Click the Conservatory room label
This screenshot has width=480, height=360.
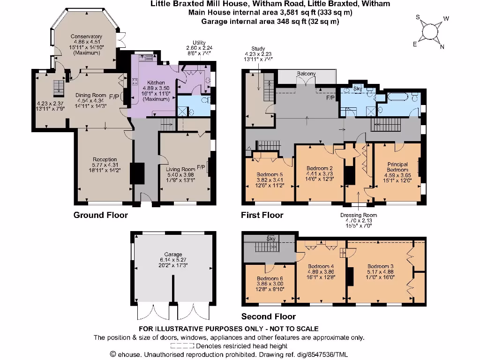86,37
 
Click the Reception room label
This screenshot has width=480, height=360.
105,160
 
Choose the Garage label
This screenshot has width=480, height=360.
173,255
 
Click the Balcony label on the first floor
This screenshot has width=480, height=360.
306,74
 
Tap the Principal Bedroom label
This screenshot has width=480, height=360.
397,167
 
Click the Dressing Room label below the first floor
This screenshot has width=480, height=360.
359,215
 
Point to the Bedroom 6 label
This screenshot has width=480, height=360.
270,278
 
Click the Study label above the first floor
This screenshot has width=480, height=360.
258,48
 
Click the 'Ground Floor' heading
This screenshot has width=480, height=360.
100,215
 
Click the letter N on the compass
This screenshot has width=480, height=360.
442,46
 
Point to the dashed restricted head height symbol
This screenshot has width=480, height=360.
182,346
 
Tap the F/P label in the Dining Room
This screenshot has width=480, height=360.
114,97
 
